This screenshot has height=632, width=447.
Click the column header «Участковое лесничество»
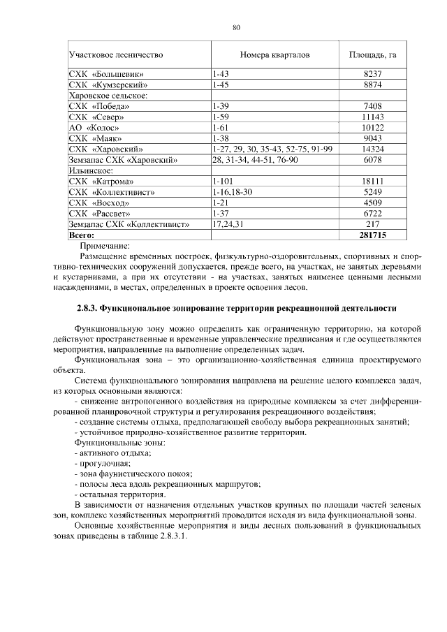116,54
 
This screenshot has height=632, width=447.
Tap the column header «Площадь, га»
373,54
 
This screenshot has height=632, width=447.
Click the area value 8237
373,73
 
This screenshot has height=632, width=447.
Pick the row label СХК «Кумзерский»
107,84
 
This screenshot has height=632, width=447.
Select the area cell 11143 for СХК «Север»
373,117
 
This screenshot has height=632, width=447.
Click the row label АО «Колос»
94,127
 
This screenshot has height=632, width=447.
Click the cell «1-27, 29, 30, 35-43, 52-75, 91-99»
272,149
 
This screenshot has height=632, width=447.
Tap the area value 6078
373,160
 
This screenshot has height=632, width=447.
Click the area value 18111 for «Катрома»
373,182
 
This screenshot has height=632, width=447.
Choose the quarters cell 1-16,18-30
232,192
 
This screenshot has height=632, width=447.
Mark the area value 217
373,225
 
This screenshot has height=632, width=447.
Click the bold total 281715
373,236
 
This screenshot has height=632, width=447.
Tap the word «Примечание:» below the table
105,246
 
